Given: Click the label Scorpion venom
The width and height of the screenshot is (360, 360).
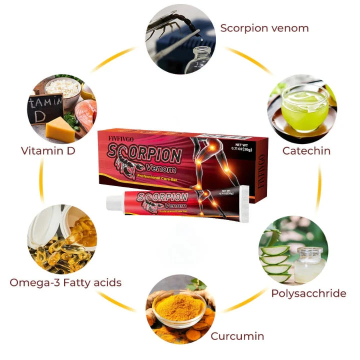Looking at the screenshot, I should click(x=264, y=27).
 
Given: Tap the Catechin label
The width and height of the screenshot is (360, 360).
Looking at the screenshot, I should click(x=306, y=150).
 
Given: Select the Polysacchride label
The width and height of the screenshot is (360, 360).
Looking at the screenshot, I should click(x=308, y=293).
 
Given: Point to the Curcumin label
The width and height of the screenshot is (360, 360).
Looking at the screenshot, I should click(x=237, y=335).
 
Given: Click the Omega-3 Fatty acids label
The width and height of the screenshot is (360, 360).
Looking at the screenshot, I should click(x=65, y=282).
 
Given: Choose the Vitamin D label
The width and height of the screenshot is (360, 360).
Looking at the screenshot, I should click(x=48, y=150).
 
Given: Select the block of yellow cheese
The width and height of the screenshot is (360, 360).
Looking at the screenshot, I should click(x=61, y=129).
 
